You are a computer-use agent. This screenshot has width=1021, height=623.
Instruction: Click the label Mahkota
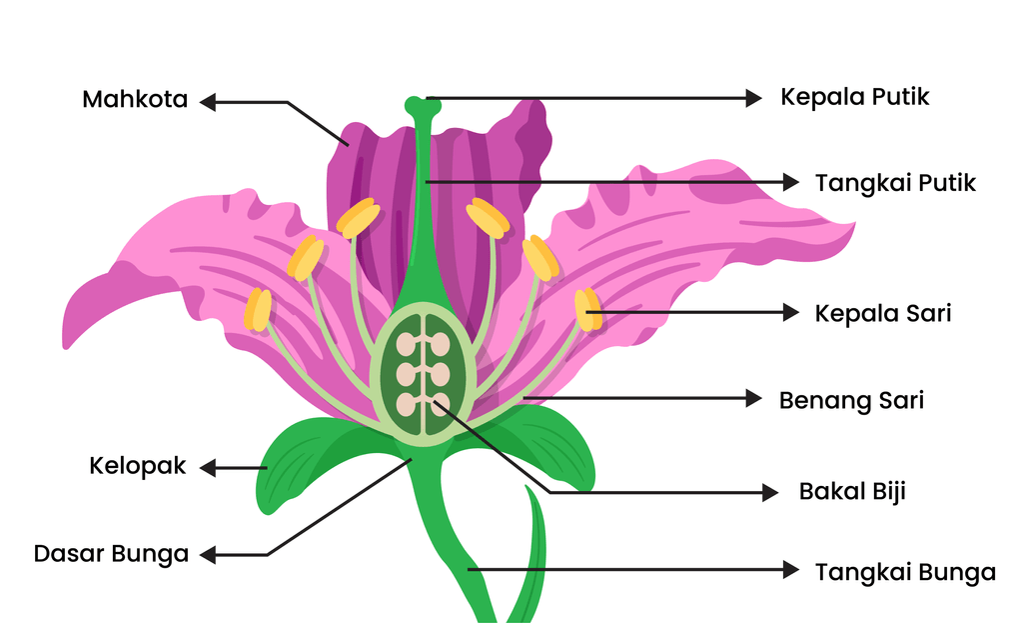pyautogui.click(x=135, y=100)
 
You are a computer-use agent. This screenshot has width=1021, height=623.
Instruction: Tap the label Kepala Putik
pyautogui.click(x=854, y=97)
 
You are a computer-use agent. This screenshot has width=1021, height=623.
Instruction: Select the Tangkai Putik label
pyautogui.click(x=895, y=183)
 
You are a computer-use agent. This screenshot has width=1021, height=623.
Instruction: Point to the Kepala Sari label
pyautogui.click(x=882, y=313)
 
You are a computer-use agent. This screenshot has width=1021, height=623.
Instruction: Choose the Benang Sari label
pyautogui.click(x=851, y=401)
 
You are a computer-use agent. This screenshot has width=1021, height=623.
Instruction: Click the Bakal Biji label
pyautogui.click(x=852, y=491)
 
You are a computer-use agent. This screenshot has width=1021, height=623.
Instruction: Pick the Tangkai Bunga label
pyautogui.click(x=905, y=572)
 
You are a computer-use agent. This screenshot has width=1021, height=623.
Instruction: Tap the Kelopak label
pyautogui.click(x=138, y=467)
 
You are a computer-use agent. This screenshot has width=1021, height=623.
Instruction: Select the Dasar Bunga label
pyautogui.click(x=111, y=554)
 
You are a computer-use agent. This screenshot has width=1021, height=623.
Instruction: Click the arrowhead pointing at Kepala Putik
pyautogui.click(x=754, y=98)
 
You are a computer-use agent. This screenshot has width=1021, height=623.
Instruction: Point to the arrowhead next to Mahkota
pyautogui.click(x=208, y=102)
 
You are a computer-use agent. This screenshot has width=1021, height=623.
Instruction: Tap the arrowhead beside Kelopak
pyautogui.click(x=208, y=468)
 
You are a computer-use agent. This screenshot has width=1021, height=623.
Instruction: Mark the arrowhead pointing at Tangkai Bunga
pyautogui.click(x=790, y=570)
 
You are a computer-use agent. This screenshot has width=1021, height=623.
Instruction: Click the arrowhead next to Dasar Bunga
pyautogui.click(x=208, y=555)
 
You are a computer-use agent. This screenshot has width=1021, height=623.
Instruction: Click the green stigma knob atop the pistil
pyautogui.click(x=423, y=106)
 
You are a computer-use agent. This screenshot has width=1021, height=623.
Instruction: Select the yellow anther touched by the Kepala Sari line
pyautogui.click(x=588, y=310)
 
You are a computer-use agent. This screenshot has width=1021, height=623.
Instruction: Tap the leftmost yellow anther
pyautogui.click(x=258, y=310)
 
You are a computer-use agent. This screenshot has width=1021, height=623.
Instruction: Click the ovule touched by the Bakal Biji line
pyautogui.click(x=441, y=404)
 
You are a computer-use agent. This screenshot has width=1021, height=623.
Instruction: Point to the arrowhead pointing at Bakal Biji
pyautogui.click(x=770, y=493)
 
